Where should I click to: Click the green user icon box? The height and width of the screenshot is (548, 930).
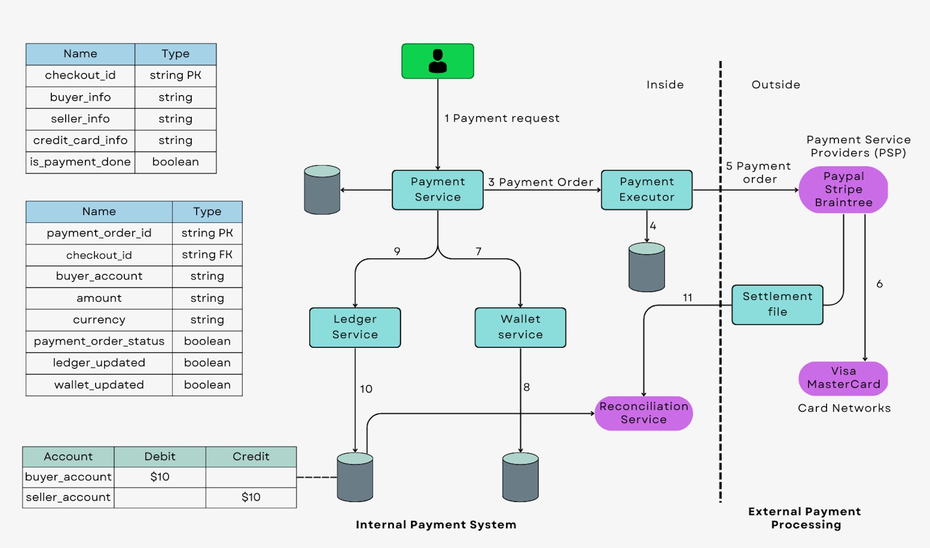(x=438, y=61)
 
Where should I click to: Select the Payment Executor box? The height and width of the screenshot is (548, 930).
(x=646, y=190)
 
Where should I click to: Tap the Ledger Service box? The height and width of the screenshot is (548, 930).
(x=355, y=327)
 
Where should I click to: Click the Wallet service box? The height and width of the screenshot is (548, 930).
(x=520, y=327)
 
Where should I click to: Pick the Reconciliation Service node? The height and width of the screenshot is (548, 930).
(x=643, y=413)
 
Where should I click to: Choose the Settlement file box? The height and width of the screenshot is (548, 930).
(x=777, y=304)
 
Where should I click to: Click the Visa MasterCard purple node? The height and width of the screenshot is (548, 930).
(x=843, y=378)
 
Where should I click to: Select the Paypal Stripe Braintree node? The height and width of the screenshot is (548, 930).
(x=843, y=189)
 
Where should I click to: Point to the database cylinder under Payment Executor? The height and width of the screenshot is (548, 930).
(x=646, y=267)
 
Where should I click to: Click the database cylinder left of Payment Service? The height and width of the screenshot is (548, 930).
(x=322, y=190)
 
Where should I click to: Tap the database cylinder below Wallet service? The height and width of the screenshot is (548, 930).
(x=520, y=477)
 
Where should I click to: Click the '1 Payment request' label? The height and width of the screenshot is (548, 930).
(x=502, y=118)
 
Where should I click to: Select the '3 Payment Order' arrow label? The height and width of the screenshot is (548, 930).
(x=541, y=182)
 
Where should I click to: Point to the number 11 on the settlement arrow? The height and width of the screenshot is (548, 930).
(x=687, y=297)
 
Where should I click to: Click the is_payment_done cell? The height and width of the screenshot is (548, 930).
(x=80, y=162)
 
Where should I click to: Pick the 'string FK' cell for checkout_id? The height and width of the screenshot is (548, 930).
(x=207, y=255)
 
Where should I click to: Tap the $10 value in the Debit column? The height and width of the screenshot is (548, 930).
(x=160, y=477)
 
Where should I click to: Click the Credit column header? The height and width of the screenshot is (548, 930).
(x=251, y=457)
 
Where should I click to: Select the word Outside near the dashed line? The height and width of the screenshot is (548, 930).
(x=776, y=85)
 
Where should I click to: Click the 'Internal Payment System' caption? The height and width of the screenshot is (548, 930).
(x=436, y=525)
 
